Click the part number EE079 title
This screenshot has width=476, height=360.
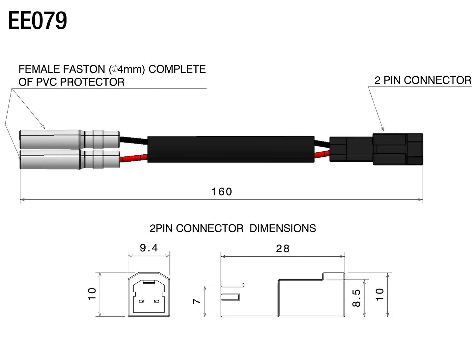click(x=38, y=21)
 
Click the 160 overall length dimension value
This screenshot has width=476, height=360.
click(x=222, y=192)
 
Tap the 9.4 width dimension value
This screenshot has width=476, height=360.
click(x=149, y=248)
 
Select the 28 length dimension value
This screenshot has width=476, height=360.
click(x=283, y=248)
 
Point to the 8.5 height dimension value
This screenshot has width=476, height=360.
click(x=357, y=298)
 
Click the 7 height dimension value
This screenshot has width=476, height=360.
click(x=197, y=301)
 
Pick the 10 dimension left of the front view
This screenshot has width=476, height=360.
click(x=92, y=294)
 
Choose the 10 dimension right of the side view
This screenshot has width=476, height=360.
click(x=380, y=294)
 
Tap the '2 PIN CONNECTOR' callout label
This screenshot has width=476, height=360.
click(x=423, y=80)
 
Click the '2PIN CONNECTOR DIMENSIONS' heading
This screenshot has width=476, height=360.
click(x=233, y=228)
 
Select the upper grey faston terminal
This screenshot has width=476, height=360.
click(x=69, y=139)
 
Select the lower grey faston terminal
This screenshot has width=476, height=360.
click(x=69, y=160)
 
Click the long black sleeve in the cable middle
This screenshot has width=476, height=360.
click(x=231, y=149)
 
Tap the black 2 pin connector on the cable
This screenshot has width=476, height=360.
click(x=376, y=149)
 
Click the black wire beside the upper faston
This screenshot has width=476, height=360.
click(x=133, y=140)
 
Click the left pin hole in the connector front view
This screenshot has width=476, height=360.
click(x=142, y=301)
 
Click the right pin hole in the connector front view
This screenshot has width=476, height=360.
click(x=156, y=301)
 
